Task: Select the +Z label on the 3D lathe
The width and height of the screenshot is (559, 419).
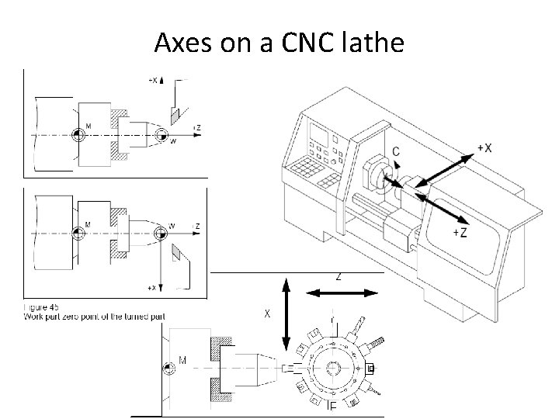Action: [459, 232]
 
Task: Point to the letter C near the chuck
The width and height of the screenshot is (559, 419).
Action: [396, 152]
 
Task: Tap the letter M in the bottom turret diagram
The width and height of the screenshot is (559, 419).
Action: [183, 360]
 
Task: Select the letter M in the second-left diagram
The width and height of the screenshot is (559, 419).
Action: [88, 224]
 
